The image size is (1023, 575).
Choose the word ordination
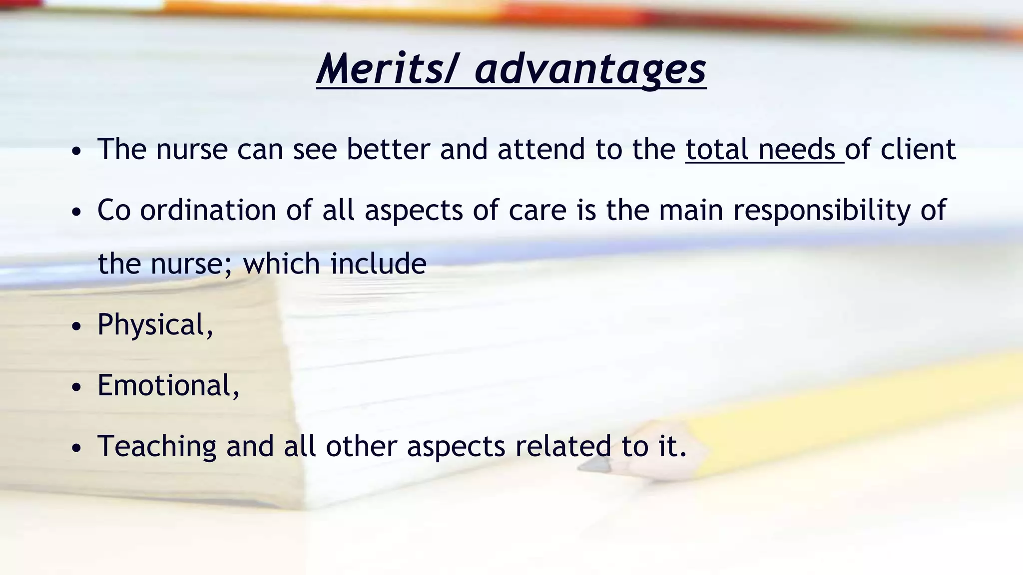[x=208, y=210]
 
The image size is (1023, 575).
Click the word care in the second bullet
[x=537, y=210]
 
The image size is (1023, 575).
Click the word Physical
[x=155, y=325]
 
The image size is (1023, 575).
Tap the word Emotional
[x=168, y=386]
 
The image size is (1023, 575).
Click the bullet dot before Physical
[x=76, y=327]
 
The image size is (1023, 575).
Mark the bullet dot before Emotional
[x=76, y=388]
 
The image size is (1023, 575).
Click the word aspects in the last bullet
[x=456, y=446]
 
